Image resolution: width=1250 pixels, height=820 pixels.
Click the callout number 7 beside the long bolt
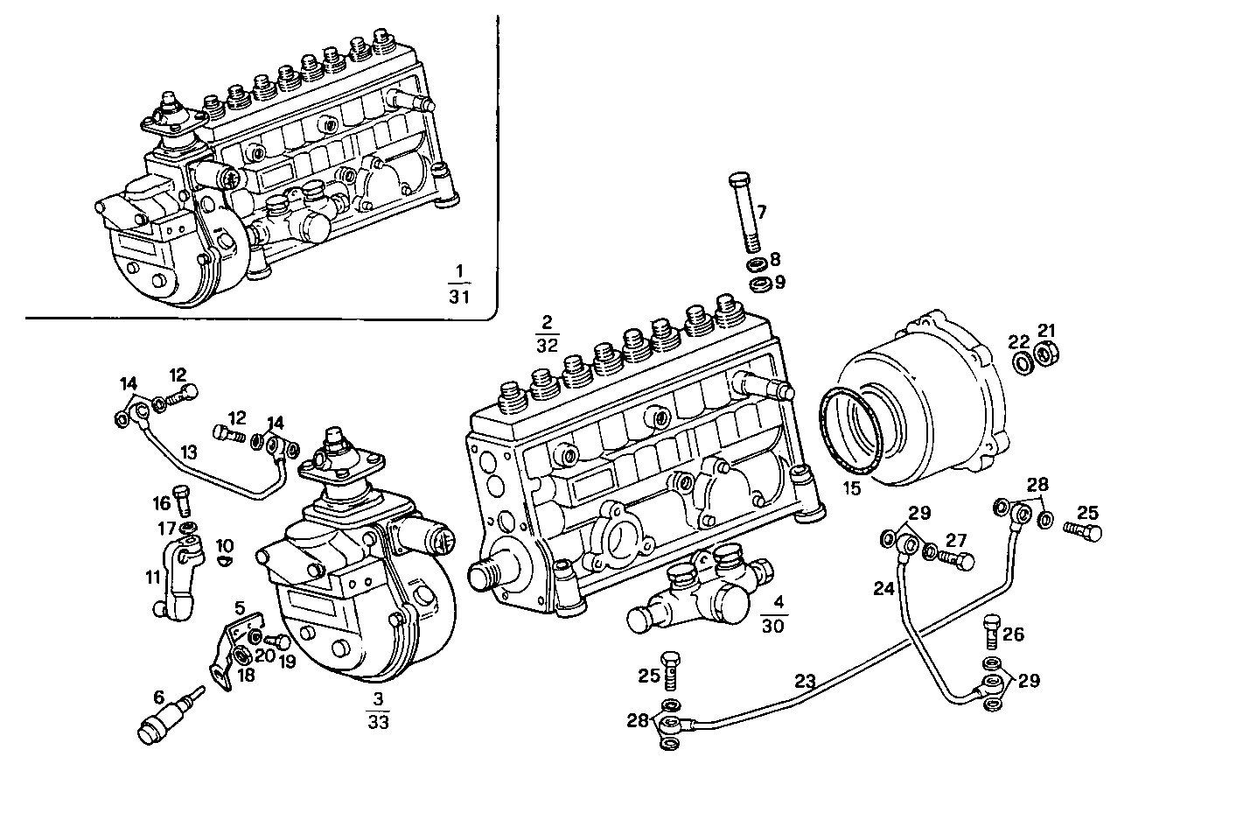(762, 212)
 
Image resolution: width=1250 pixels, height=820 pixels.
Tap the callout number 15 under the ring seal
(852, 488)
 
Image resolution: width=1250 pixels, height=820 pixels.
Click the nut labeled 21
(1045, 355)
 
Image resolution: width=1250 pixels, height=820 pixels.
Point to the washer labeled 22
(1020, 363)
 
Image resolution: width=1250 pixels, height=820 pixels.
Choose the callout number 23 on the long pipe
(806, 680)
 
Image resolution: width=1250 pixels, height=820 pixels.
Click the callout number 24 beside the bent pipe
(884, 589)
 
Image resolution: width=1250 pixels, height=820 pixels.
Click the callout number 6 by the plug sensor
(158, 697)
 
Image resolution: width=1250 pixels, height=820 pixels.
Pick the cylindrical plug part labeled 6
(164, 720)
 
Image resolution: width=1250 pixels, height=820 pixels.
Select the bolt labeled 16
(183, 501)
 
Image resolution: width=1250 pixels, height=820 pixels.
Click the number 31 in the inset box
(459, 298)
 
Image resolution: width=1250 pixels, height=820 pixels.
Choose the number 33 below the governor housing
(378, 722)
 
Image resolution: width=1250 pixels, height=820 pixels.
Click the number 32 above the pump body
(547, 345)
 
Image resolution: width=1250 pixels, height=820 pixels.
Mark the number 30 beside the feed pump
(773, 625)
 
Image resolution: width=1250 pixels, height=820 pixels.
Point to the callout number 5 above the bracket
(239, 606)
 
